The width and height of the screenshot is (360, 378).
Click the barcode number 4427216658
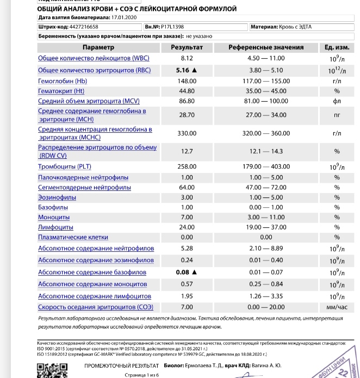[x=84, y=26]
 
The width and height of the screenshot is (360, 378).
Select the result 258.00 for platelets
[x=187, y=166]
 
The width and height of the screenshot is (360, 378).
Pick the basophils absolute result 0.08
[x=183, y=272]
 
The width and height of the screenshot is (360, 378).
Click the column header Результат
[x=187, y=47]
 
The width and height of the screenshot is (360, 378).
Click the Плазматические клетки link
[x=73, y=237]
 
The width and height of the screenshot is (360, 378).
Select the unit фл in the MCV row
[x=337, y=101]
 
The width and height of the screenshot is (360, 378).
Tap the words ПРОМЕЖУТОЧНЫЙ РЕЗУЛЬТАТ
[x=121, y=365]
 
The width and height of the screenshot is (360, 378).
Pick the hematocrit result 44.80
[x=187, y=91]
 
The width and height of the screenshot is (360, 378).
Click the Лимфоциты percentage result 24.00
[x=187, y=227]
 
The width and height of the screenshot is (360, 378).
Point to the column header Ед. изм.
[x=337, y=47]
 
